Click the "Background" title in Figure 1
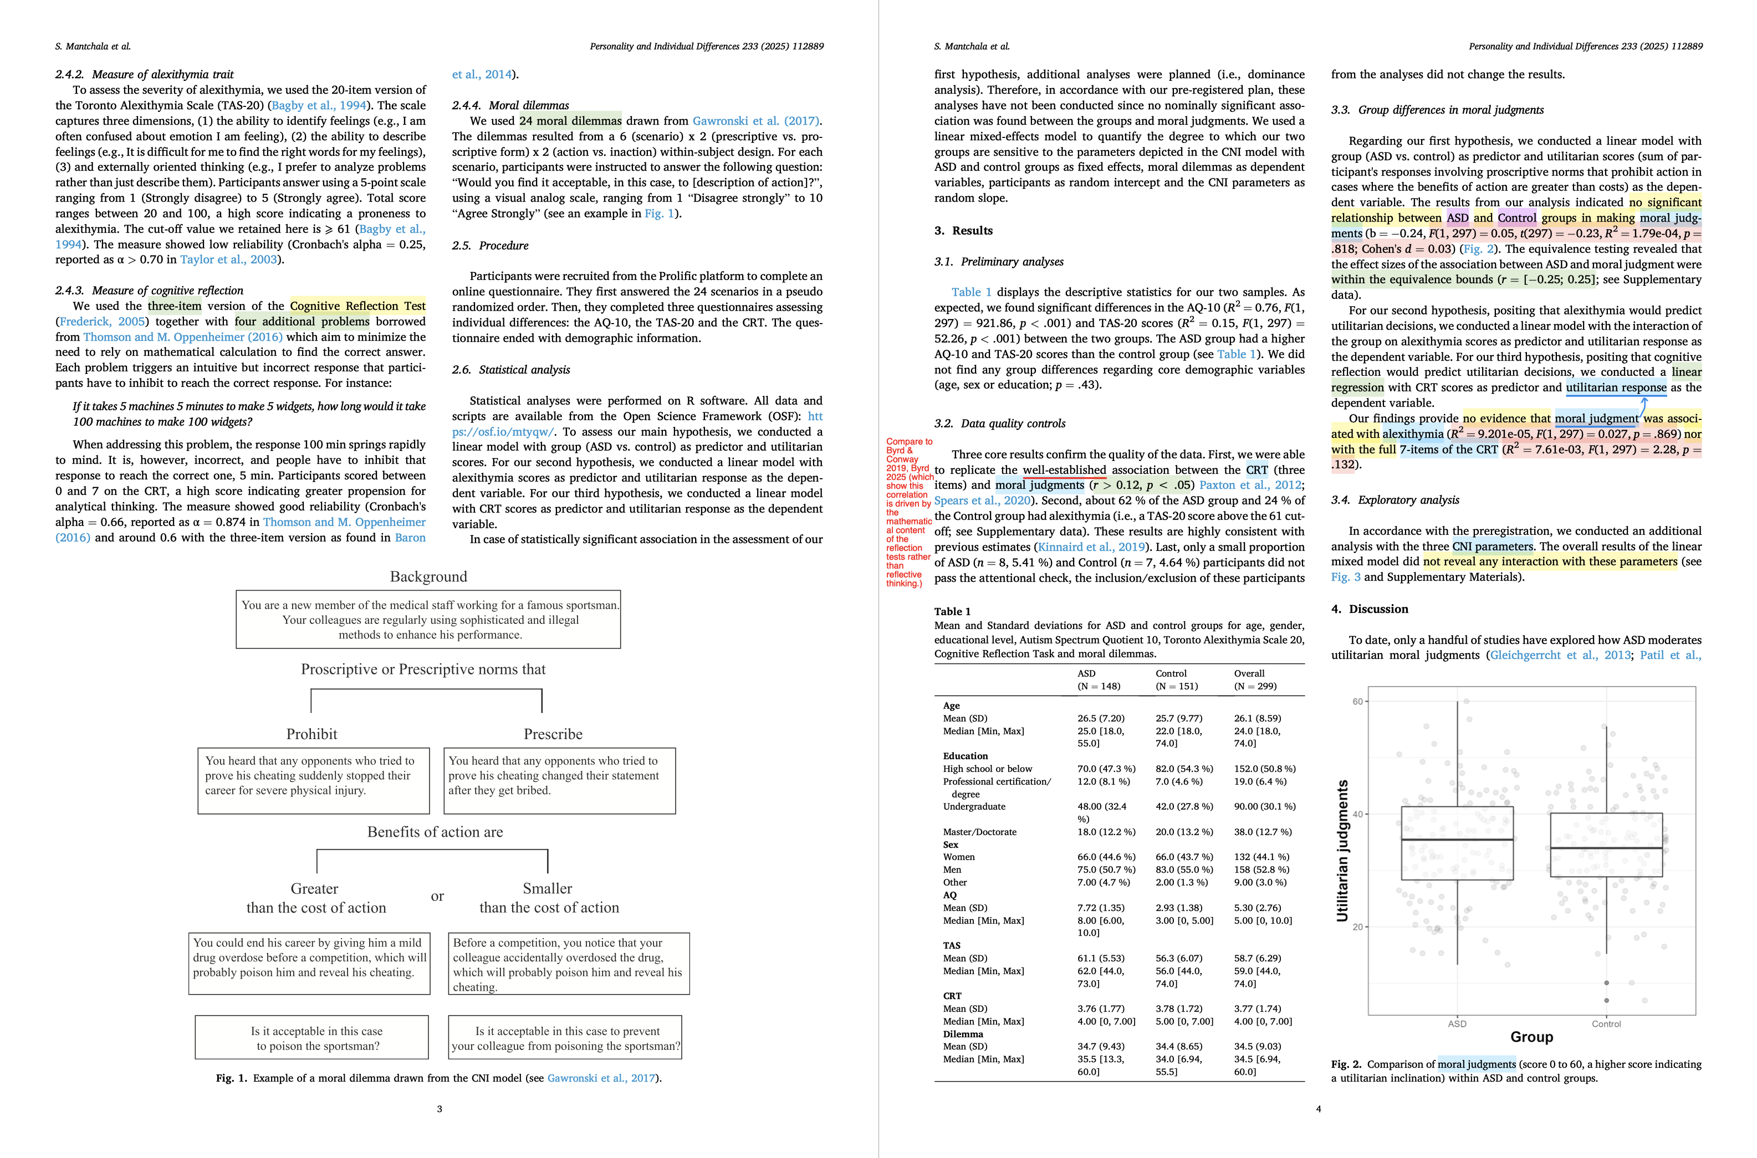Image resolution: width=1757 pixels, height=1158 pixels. pyautogui.click(x=428, y=577)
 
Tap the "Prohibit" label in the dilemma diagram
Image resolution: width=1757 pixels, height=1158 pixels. pyautogui.click(x=311, y=734)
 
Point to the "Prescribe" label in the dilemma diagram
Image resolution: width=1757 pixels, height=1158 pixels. pyautogui.click(x=553, y=734)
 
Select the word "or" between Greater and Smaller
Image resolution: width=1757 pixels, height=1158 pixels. pyautogui.click(x=437, y=896)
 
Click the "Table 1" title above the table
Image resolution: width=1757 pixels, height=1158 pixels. pyautogui.click(x=952, y=612)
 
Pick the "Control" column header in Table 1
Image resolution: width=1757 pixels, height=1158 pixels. pyautogui.click(x=1171, y=674)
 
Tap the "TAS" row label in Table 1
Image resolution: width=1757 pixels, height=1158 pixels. pyautogui.click(x=952, y=945)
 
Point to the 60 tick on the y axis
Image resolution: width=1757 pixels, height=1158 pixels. pyautogui.click(x=1357, y=701)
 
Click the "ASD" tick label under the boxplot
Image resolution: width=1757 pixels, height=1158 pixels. pyautogui.click(x=1457, y=1023)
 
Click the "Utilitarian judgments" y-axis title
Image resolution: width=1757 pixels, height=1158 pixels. pyautogui.click(x=1342, y=850)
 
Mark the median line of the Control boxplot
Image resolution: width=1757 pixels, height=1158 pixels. pyautogui.click(x=1606, y=848)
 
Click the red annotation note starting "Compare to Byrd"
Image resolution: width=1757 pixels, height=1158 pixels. pyautogui.click(x=908, y=512)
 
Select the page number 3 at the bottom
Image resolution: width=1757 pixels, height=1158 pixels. pyautogui.click(x=440, y=1109)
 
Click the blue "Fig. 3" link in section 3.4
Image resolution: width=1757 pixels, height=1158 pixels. pyautogui.click(x=1344, y=577)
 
